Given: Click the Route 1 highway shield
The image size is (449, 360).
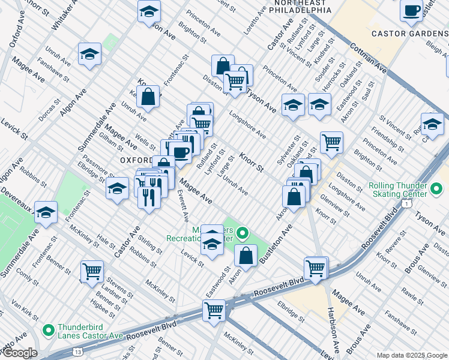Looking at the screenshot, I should [x=408, y=205].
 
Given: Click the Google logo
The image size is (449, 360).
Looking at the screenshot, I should [x=19, y=353].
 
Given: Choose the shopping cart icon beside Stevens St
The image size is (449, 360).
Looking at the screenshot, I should [x=92, y=271].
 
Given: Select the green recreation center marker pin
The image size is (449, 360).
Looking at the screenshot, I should [x=243, y=232].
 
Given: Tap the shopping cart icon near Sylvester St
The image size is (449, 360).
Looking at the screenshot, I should [x=331, y=142].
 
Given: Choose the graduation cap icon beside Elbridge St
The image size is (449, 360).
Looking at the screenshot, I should [x=117, y=188].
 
